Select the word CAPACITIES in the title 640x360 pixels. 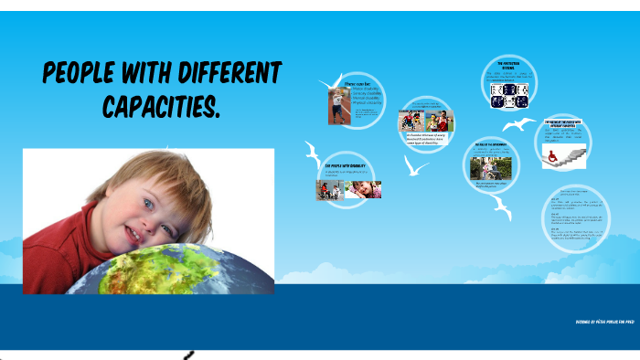[161, 108]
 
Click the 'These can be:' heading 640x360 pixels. [356, 83]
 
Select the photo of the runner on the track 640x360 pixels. [335, 104]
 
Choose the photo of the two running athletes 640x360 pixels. [442, 121]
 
